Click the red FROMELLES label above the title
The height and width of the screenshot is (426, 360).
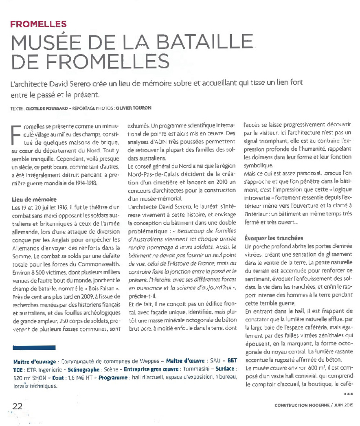pyautogui.click(x=39, y=24)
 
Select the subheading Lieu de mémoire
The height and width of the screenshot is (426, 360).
pyautogui.click(x=35, y=200)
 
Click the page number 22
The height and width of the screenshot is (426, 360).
pyautogui.click(x=18, y=406)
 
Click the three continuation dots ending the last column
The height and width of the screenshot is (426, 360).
pyautogui.click(x=349, y=394)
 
